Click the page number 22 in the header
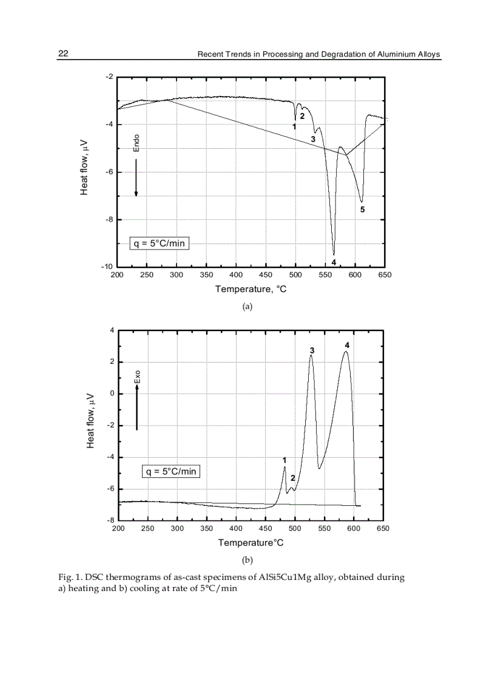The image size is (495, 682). click(62, 54)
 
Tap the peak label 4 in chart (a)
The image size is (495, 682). click(334, 262)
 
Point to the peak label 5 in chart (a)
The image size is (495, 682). click(362, 210)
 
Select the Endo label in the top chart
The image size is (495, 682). click(136, 143)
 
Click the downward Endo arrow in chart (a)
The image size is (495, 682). click(136, 177)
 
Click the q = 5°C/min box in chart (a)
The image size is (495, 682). click(159, 244)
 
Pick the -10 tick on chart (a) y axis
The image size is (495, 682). click(106, 267)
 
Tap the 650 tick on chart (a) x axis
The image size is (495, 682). click(385, 275)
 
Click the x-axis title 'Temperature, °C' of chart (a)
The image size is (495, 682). click(251, 289)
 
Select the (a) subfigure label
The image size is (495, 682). click(247, 307)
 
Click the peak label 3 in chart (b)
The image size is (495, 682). click(312, 351)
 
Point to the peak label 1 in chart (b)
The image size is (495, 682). click(285, 460)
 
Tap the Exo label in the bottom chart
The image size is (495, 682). click(137, 377)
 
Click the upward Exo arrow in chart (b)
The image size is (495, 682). click(137, 407)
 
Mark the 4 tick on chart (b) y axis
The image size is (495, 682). click(111, 330)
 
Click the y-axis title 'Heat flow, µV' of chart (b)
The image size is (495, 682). click(90, 420)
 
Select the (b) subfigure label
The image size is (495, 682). click(247, 559)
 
